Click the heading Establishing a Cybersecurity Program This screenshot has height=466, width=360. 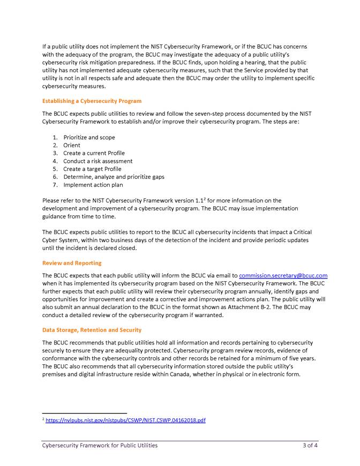pos(92,101)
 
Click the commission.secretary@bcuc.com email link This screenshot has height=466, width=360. pos(283,275)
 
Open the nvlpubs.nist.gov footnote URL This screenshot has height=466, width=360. pos(125,420)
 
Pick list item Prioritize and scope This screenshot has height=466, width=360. pos(89,138)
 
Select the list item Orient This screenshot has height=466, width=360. pos(72,145)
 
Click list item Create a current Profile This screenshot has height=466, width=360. pos(94,153)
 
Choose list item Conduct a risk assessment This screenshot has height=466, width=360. pos(97,161)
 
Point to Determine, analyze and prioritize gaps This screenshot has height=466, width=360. pos(114,177)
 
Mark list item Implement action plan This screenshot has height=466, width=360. pos(93,185)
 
